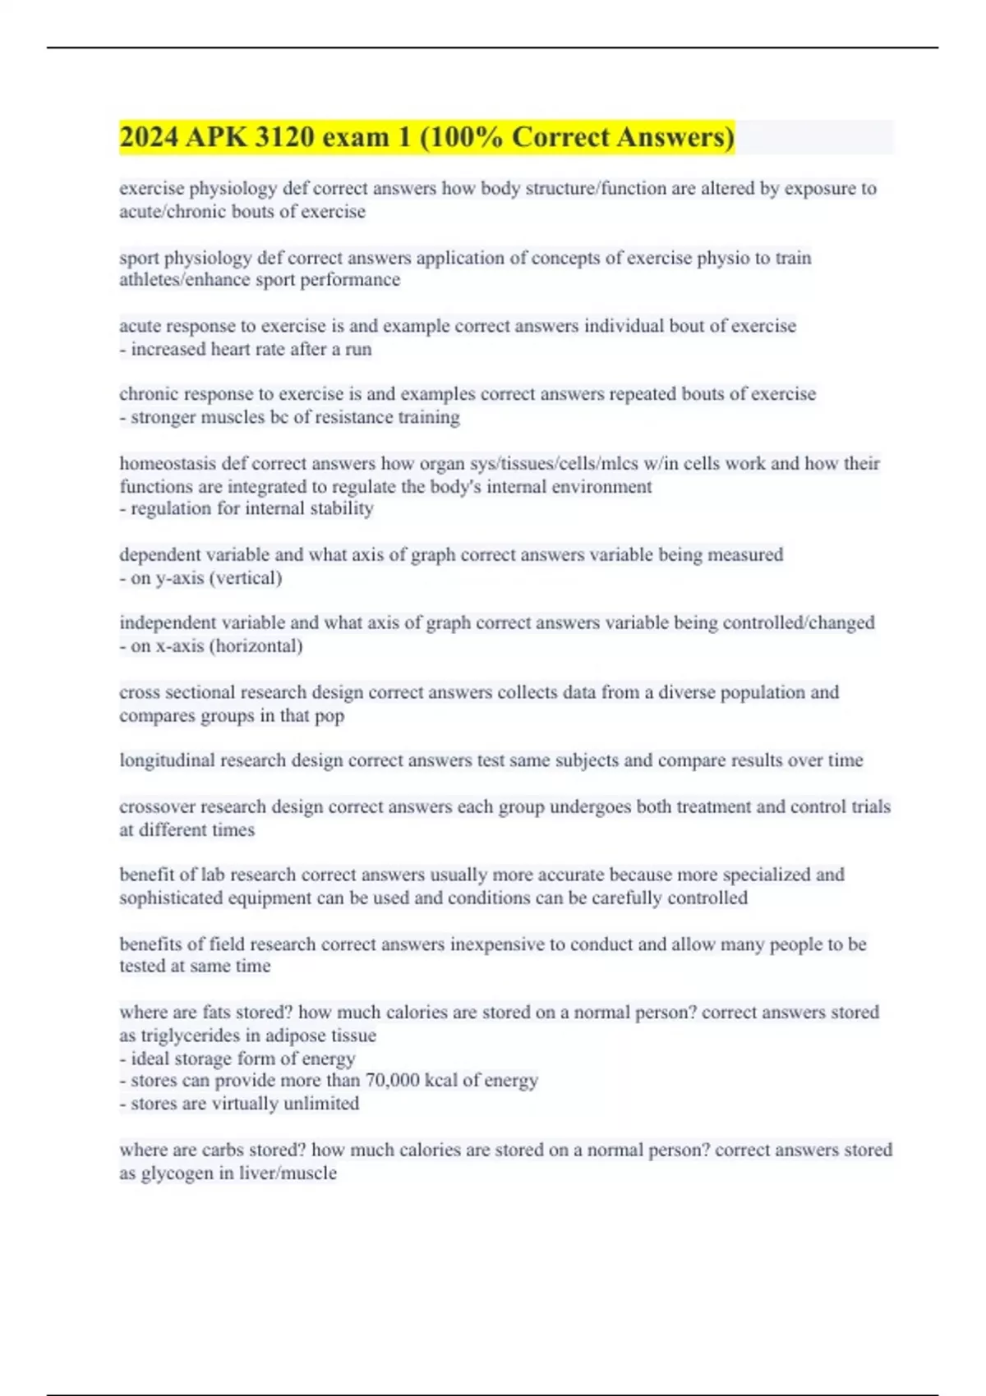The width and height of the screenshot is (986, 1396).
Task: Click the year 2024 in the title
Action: (149, 137)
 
